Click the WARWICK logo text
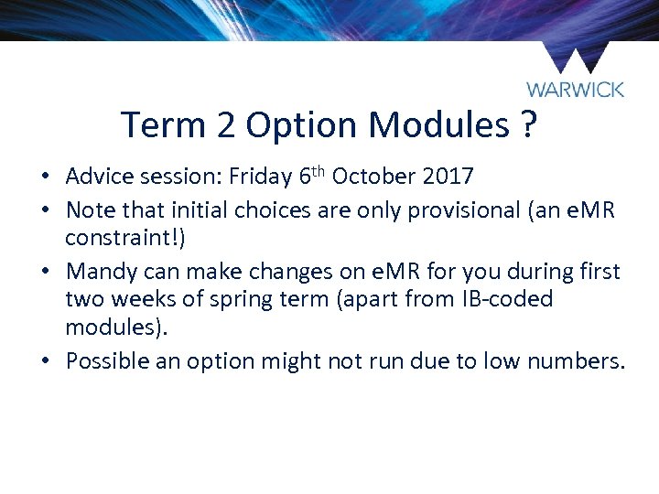(x=575, y=90)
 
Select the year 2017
(x=448, y=176)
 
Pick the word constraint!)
(x=124, y=240)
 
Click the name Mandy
(x=99, y=272)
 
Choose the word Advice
(x=99, y=176)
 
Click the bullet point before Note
(x=56, y=210)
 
